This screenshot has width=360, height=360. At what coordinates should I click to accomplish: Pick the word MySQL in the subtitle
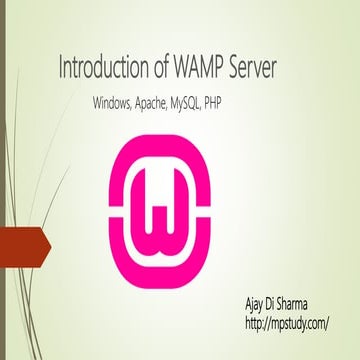point(211,104)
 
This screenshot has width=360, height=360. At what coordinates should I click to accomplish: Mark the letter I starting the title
point(63,70)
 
